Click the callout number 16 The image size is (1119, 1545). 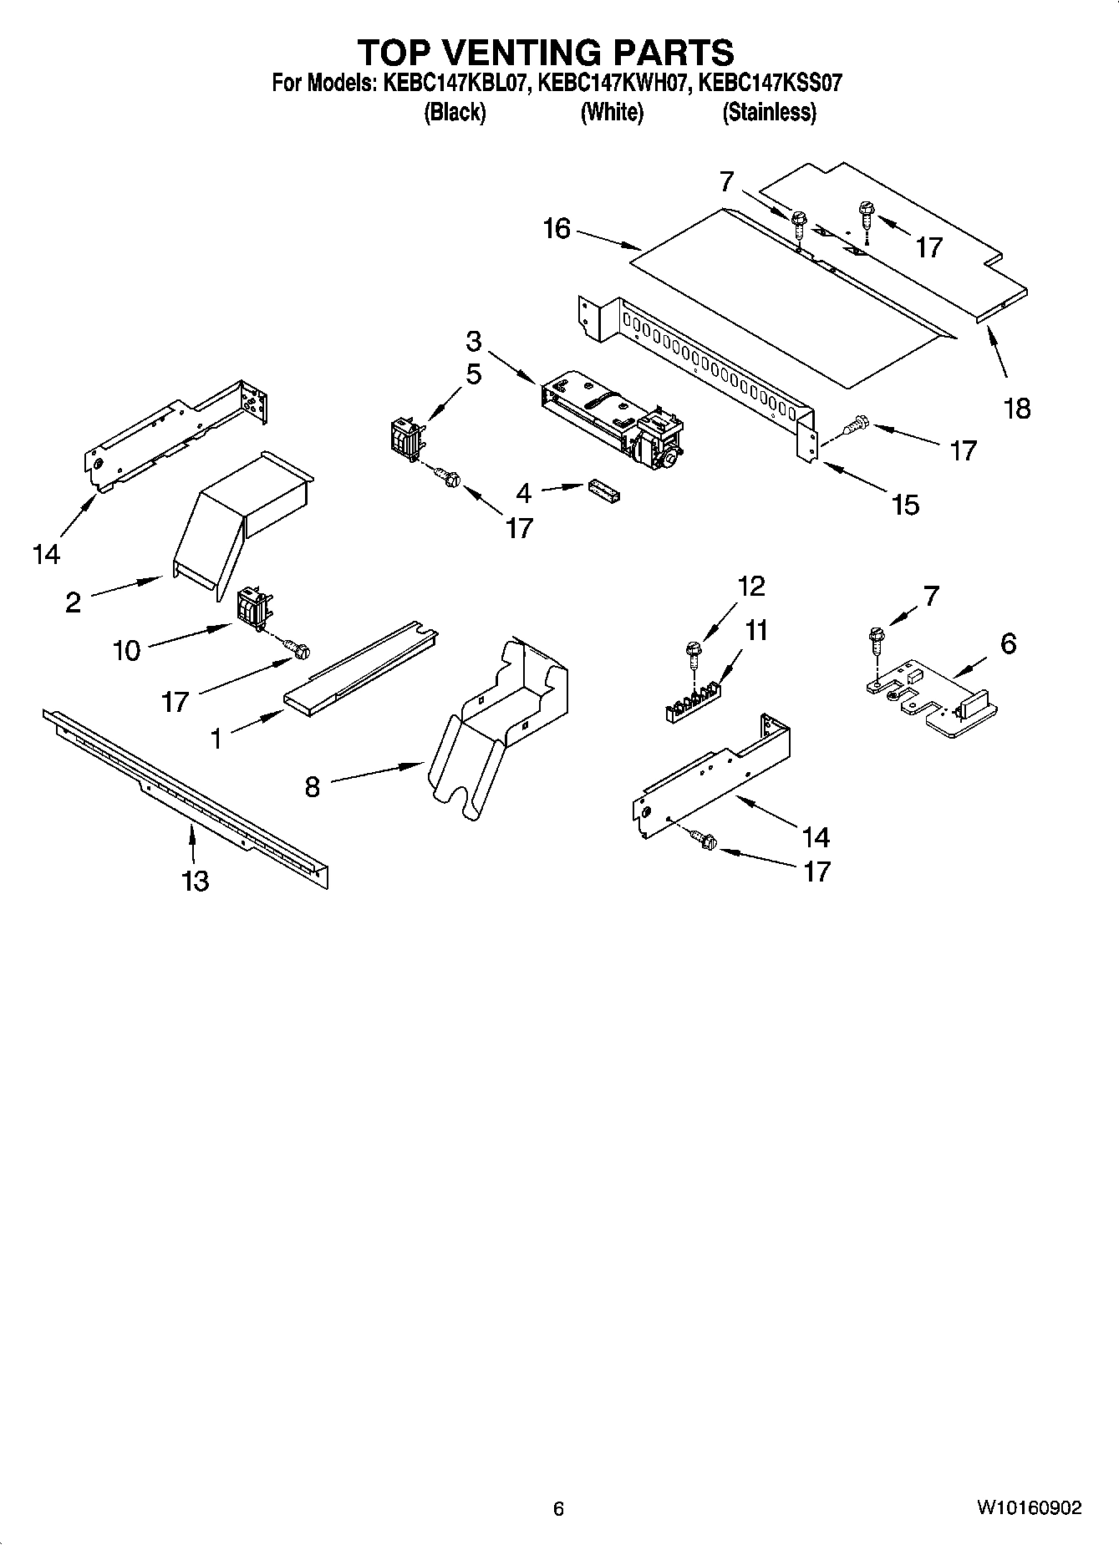[x=557, y=228]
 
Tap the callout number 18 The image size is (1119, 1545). [x=1017, y=409]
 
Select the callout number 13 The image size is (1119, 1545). [x=195, y=881]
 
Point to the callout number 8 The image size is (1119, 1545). [x=312, y=786]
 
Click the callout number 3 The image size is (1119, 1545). [x=474, y=341]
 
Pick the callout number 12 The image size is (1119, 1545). [x=751, y=587]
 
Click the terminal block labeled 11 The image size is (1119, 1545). [x=692, y=700]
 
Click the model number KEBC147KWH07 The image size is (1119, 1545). [x=611, y=84]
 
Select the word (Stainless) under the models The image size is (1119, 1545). [x=769, y=112]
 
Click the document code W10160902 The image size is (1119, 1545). [x=1028, y=1508]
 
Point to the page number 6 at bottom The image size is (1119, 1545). [x=558, y=1508]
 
